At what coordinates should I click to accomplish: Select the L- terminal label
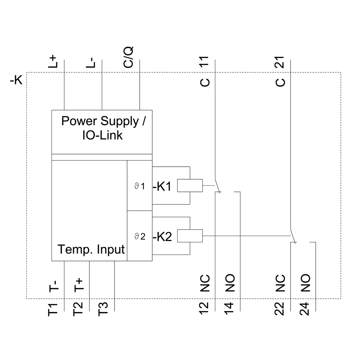91,62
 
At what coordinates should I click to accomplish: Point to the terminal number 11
204,62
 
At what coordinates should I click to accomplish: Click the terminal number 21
280,62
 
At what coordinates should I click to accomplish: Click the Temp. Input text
91,249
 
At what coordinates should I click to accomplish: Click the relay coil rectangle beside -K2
190,236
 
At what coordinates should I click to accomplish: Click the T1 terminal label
53,310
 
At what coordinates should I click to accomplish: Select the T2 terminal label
78,310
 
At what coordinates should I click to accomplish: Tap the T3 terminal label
103,310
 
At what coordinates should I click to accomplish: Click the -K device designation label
16,80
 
